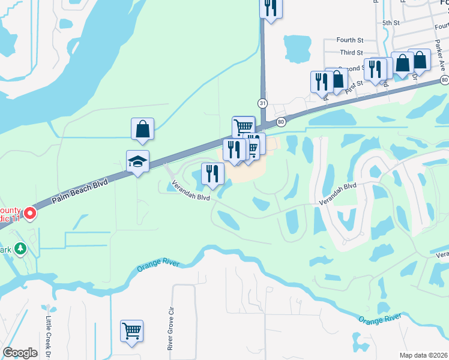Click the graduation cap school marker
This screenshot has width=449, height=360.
[x=137, y=161]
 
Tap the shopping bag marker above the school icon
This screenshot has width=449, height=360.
[x=142, y=129]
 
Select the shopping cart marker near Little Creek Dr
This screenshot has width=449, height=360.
[x=131, y=331]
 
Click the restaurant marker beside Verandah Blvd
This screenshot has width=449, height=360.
[x=212, y=174]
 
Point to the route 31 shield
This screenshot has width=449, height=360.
[x=262, y=103]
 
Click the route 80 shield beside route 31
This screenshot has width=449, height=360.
[x=280, y=122]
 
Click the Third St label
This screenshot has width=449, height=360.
[x=351, y=53]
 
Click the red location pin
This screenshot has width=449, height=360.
[x=28, y=214]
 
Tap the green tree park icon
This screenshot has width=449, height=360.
[x=20, y=248]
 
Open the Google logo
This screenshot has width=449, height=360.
[x=20, y=353]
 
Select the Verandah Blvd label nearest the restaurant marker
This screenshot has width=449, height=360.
[x=191, y=192]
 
